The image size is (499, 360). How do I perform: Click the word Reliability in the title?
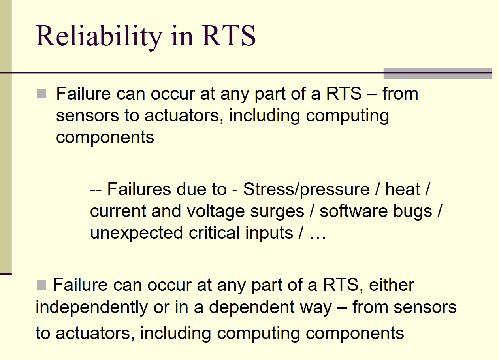point(98,36)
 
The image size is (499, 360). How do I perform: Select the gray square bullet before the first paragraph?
point(41,94)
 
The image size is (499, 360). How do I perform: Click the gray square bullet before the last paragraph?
point(41,285)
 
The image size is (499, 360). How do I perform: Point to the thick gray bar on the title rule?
point(437,74)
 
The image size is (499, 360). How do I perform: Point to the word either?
point(391,285)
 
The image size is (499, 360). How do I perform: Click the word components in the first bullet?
point(105,137)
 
